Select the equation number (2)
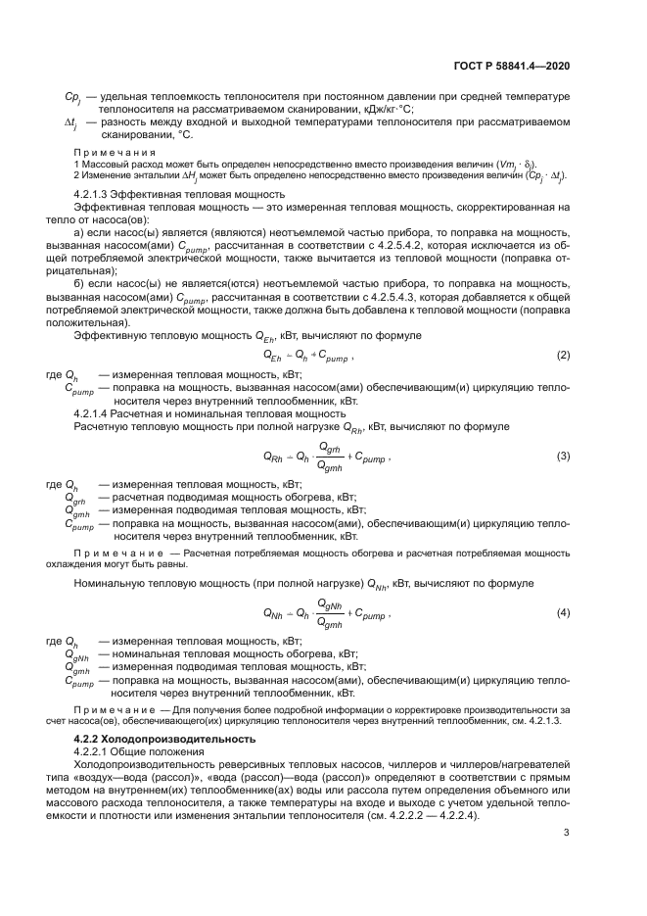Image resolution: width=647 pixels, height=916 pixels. [563, 354]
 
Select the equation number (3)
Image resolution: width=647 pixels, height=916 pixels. [563, 458]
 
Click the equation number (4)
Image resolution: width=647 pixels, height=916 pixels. [563, 613]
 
